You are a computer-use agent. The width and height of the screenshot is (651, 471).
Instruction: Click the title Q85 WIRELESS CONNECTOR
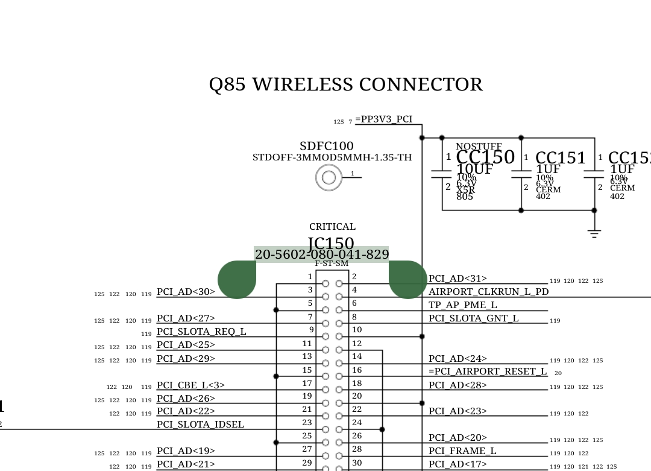click(x=345, y=84)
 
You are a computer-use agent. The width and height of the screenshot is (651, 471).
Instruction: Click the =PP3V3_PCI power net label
click(x=384, y=119)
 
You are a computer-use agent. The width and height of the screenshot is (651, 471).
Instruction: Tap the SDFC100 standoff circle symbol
click(x=329, y=177)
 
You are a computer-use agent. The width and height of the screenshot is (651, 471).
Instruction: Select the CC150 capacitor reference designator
click(x=485, y=157)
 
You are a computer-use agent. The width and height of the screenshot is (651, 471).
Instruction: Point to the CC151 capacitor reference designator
click(x=561, y=158)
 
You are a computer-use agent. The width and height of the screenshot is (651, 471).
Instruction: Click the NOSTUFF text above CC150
click(x=479, y=147)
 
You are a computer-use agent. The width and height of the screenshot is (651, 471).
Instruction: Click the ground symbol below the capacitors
click(x=594, y=233)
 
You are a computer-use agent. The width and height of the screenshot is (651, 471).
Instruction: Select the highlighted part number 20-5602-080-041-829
click(x=321, y=254)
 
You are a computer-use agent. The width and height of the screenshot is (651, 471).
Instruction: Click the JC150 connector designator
click(x=331, y=244)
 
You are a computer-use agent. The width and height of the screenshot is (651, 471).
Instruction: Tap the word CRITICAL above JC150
click(x=332, y=227)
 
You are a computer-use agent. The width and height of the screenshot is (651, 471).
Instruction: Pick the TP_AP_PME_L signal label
click(x=462, y=305)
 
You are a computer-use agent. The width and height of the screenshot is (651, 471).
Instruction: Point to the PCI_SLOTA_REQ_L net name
click(x=201, y=332)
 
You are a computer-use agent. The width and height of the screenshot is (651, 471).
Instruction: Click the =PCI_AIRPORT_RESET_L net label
click(x=488, y=371)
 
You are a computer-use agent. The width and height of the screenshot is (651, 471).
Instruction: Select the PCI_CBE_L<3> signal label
click(x=190, y=385)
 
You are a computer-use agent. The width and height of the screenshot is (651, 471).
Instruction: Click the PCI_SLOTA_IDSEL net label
click(x=200, y=425)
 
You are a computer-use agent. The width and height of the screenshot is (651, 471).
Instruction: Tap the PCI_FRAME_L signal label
click(x=462, y=451)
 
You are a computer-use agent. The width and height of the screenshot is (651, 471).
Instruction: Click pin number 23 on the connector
click(x=307, y=423)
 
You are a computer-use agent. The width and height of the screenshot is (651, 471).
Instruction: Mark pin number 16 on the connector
click(x=357, y=370)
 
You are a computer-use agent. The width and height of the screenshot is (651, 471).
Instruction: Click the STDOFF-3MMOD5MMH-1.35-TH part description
click(x=332, y=158)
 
